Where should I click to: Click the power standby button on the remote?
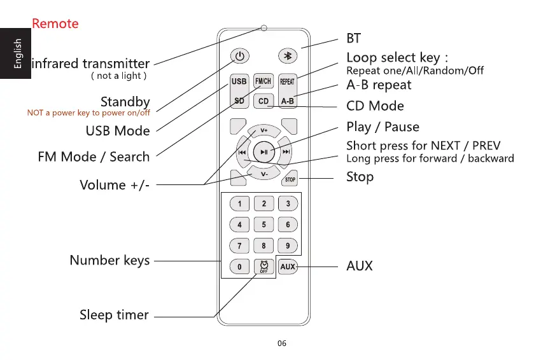tap(239, 56)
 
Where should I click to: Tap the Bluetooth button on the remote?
tap(288, 56)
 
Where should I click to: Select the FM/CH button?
tap(263, 81)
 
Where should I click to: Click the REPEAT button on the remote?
tap(288, 81)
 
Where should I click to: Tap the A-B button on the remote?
tap(288, 100)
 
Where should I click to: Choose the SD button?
tap(239, 100)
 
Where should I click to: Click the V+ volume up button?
tap(263, 131)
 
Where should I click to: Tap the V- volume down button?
tap(263, 173)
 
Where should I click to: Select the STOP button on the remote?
tap(290, 179)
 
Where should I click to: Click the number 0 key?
tap(239, 267)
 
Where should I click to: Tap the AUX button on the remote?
tap(288, 267)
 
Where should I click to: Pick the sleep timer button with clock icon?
tap(263, 267)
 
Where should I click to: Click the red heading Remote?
tap(55, 24)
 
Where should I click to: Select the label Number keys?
tap(109, 260)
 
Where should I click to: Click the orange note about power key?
tap(88, 113)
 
